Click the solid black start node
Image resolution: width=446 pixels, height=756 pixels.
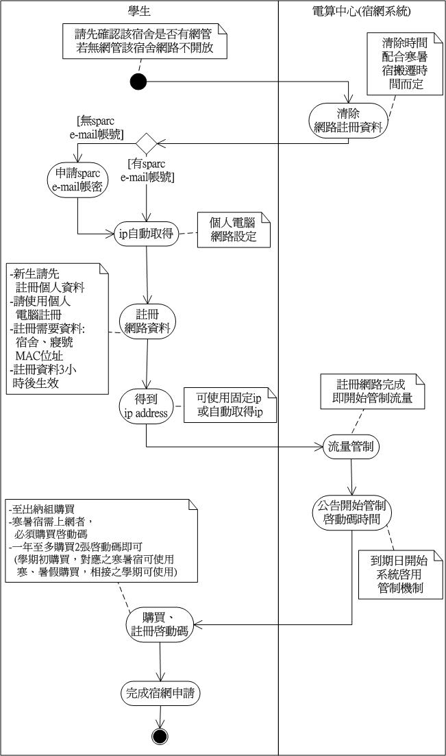(x=138, y=82)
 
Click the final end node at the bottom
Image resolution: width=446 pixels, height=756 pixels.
(x=160, y=736)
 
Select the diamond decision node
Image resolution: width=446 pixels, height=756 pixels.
(x=146, y=143)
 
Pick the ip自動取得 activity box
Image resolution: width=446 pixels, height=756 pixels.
(x=146, y=234)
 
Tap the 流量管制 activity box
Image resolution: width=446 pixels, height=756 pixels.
(x=351, y=447)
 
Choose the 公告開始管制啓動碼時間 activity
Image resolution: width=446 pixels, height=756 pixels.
(x=351, y=511)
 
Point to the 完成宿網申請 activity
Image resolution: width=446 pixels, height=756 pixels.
(x=160, y=692)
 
